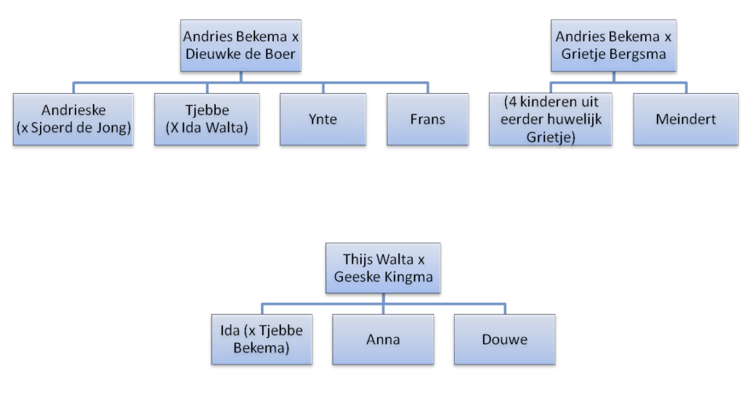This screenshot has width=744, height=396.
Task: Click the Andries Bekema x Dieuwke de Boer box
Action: (240, 45)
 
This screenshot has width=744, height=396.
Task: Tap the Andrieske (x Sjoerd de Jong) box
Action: (73, 119)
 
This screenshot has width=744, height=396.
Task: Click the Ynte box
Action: (323, 119)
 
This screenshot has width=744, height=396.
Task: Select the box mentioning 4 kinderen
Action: (549, 119)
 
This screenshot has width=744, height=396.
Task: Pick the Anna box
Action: (382, 339)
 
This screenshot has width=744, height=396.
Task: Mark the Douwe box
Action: (504, 339)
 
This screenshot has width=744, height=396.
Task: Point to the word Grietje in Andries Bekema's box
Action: (581, 54)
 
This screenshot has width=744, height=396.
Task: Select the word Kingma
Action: (411, 276)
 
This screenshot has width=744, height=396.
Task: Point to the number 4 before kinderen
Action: (511, 103)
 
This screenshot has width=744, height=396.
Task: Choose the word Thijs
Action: (358, 259)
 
